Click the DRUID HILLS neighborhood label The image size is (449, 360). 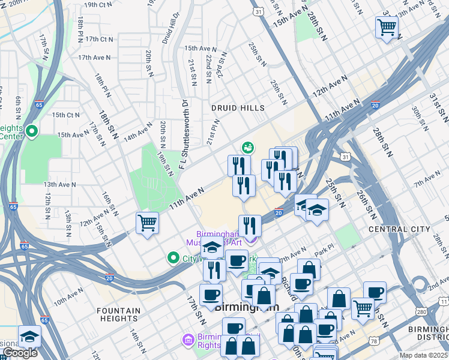point(238,108)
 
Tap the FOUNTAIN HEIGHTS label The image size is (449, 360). point(119,315)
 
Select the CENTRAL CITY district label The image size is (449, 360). point(399,229)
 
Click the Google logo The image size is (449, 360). point(20,353)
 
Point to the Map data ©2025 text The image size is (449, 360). point(424,355)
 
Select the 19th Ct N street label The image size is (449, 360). point(99,5)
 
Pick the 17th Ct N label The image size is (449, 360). point(99,39)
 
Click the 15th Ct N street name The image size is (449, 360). point(65,115)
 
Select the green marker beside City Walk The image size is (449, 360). point(173,258)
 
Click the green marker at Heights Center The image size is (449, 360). point(32,131)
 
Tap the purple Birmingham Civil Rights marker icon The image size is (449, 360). point(187,340)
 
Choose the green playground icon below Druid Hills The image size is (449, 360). point(247,147)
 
